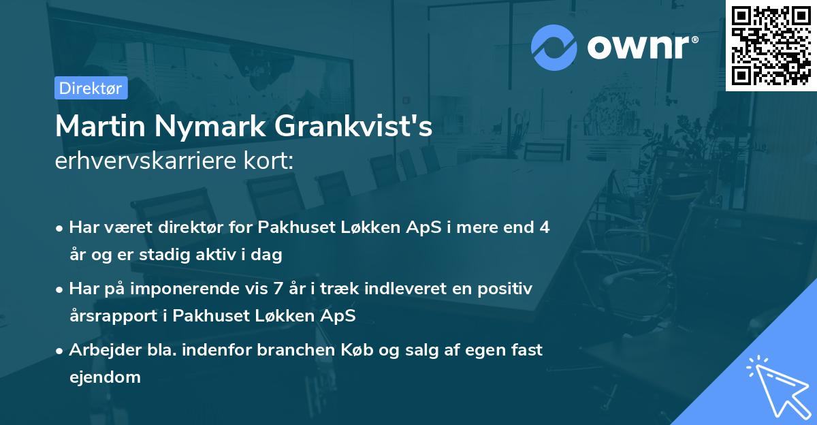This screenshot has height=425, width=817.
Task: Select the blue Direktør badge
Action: coord(91,88)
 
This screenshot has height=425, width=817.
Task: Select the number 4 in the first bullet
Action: coord(543,227)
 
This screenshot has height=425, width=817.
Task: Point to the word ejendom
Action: coord(105,377)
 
